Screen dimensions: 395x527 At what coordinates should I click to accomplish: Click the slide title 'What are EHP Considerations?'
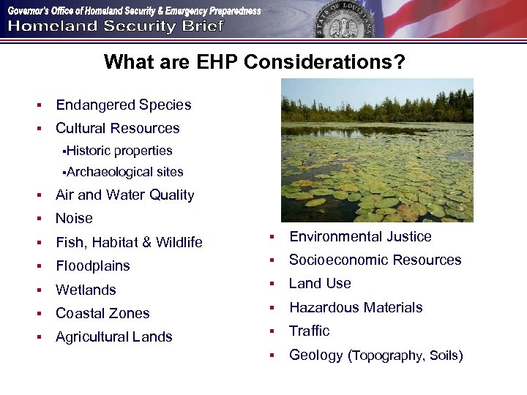pos(254,62)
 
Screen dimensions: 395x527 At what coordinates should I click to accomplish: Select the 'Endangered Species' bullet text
pos(123,105)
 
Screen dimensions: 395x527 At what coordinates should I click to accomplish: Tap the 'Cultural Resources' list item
pos(117,128)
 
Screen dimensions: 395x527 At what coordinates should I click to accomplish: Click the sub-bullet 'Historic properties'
pos(119,151)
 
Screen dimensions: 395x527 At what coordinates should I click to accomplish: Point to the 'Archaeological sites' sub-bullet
pos(124,172)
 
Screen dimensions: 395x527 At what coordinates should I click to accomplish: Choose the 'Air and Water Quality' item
pos(124,195)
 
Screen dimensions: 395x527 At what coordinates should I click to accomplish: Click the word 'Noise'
pos(74,218)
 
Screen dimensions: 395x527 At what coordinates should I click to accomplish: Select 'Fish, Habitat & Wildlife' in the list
pos(129,242)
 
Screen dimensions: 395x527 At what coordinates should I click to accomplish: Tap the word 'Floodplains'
pos(92,266)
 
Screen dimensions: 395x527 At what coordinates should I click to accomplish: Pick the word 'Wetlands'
pos(86,290)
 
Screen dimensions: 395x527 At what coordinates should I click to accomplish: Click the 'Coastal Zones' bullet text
pos(102,313)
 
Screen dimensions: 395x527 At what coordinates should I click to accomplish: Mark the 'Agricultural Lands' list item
pos(113,337)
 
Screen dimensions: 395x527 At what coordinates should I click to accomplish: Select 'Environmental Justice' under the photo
pos(360,236)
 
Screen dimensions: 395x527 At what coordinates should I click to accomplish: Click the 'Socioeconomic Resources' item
pos(375,260)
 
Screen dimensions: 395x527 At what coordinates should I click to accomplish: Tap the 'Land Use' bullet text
pos(320,283)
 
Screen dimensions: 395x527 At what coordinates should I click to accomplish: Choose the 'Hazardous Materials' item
pos(356,307)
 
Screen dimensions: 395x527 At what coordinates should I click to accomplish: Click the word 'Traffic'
pos(309,331)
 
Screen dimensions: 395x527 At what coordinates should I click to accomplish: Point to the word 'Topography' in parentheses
pos(388,355)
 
